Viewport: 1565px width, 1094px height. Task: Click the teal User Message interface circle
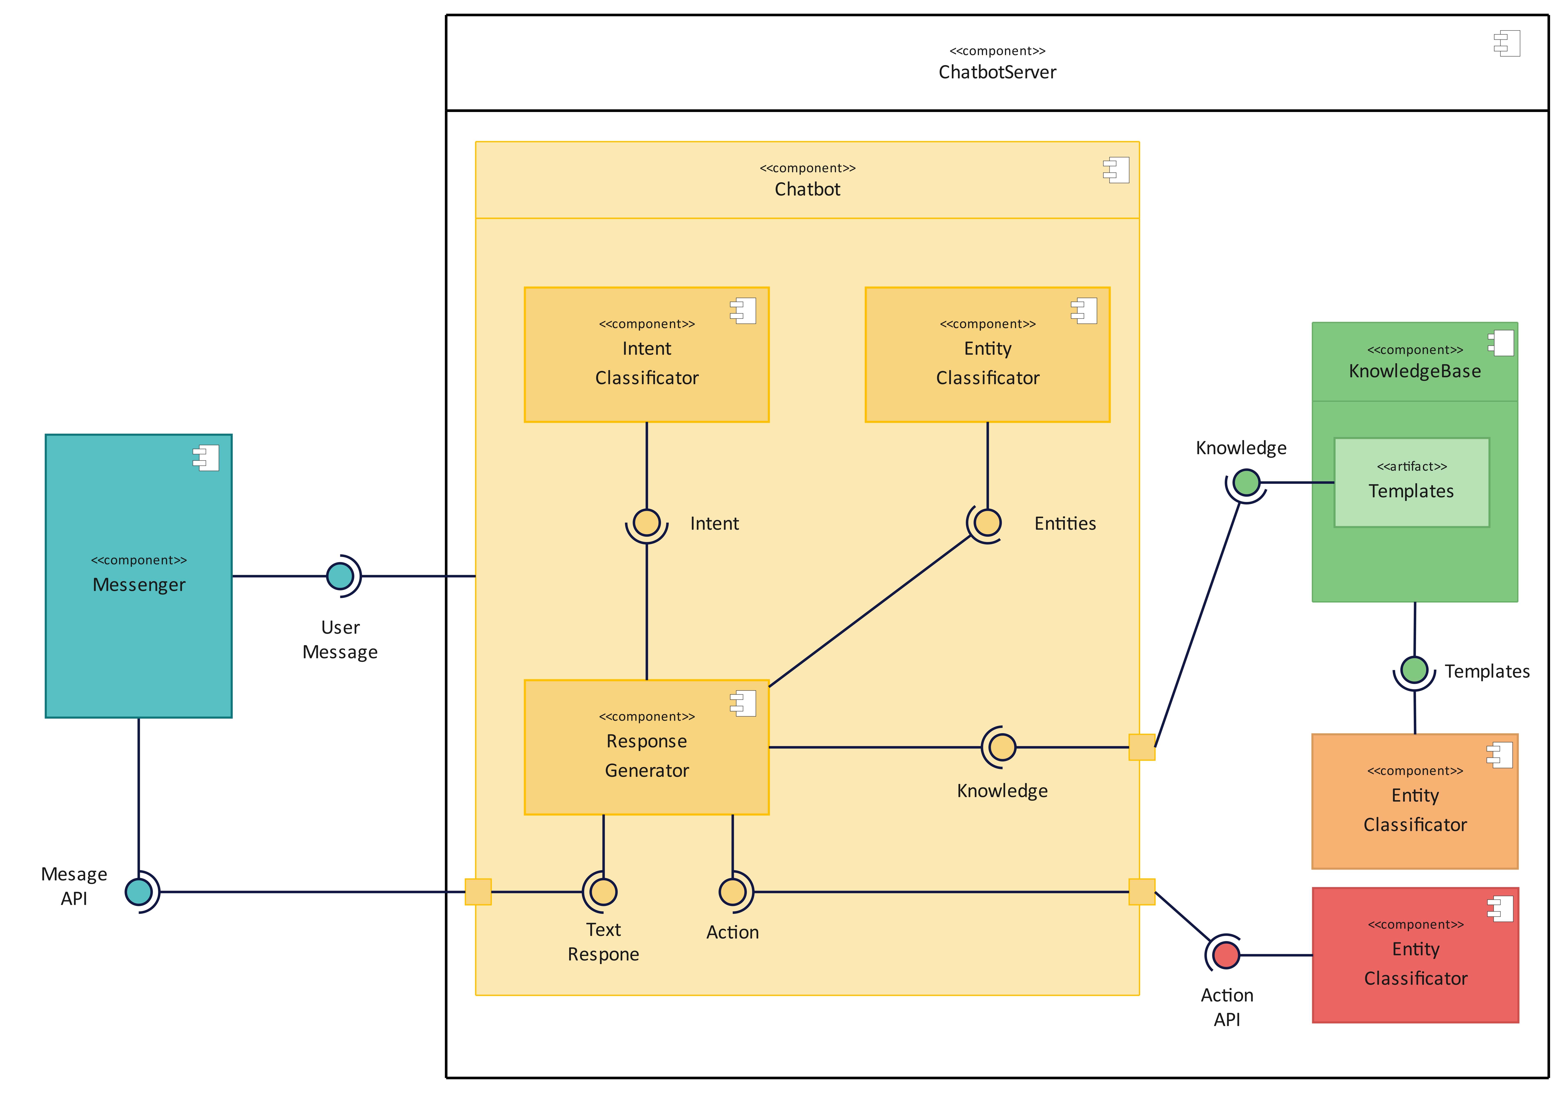coord(340,576)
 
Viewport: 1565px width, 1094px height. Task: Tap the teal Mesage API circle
coord(139,891)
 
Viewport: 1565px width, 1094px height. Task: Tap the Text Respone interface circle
coord(603,891)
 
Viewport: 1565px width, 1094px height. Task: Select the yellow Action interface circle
coord(733,891)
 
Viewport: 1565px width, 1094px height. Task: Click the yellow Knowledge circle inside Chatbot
coord(1002,747)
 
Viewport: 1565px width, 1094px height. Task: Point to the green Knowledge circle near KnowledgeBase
coord(1246,483)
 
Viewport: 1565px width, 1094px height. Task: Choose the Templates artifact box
coord(1411,483)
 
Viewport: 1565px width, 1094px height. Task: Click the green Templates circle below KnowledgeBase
coord(1414,670)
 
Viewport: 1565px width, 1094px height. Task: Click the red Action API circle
coord(1226,955)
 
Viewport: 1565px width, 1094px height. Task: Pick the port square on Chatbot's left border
coord(478,891)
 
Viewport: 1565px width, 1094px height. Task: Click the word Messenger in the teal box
coord(139,585)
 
